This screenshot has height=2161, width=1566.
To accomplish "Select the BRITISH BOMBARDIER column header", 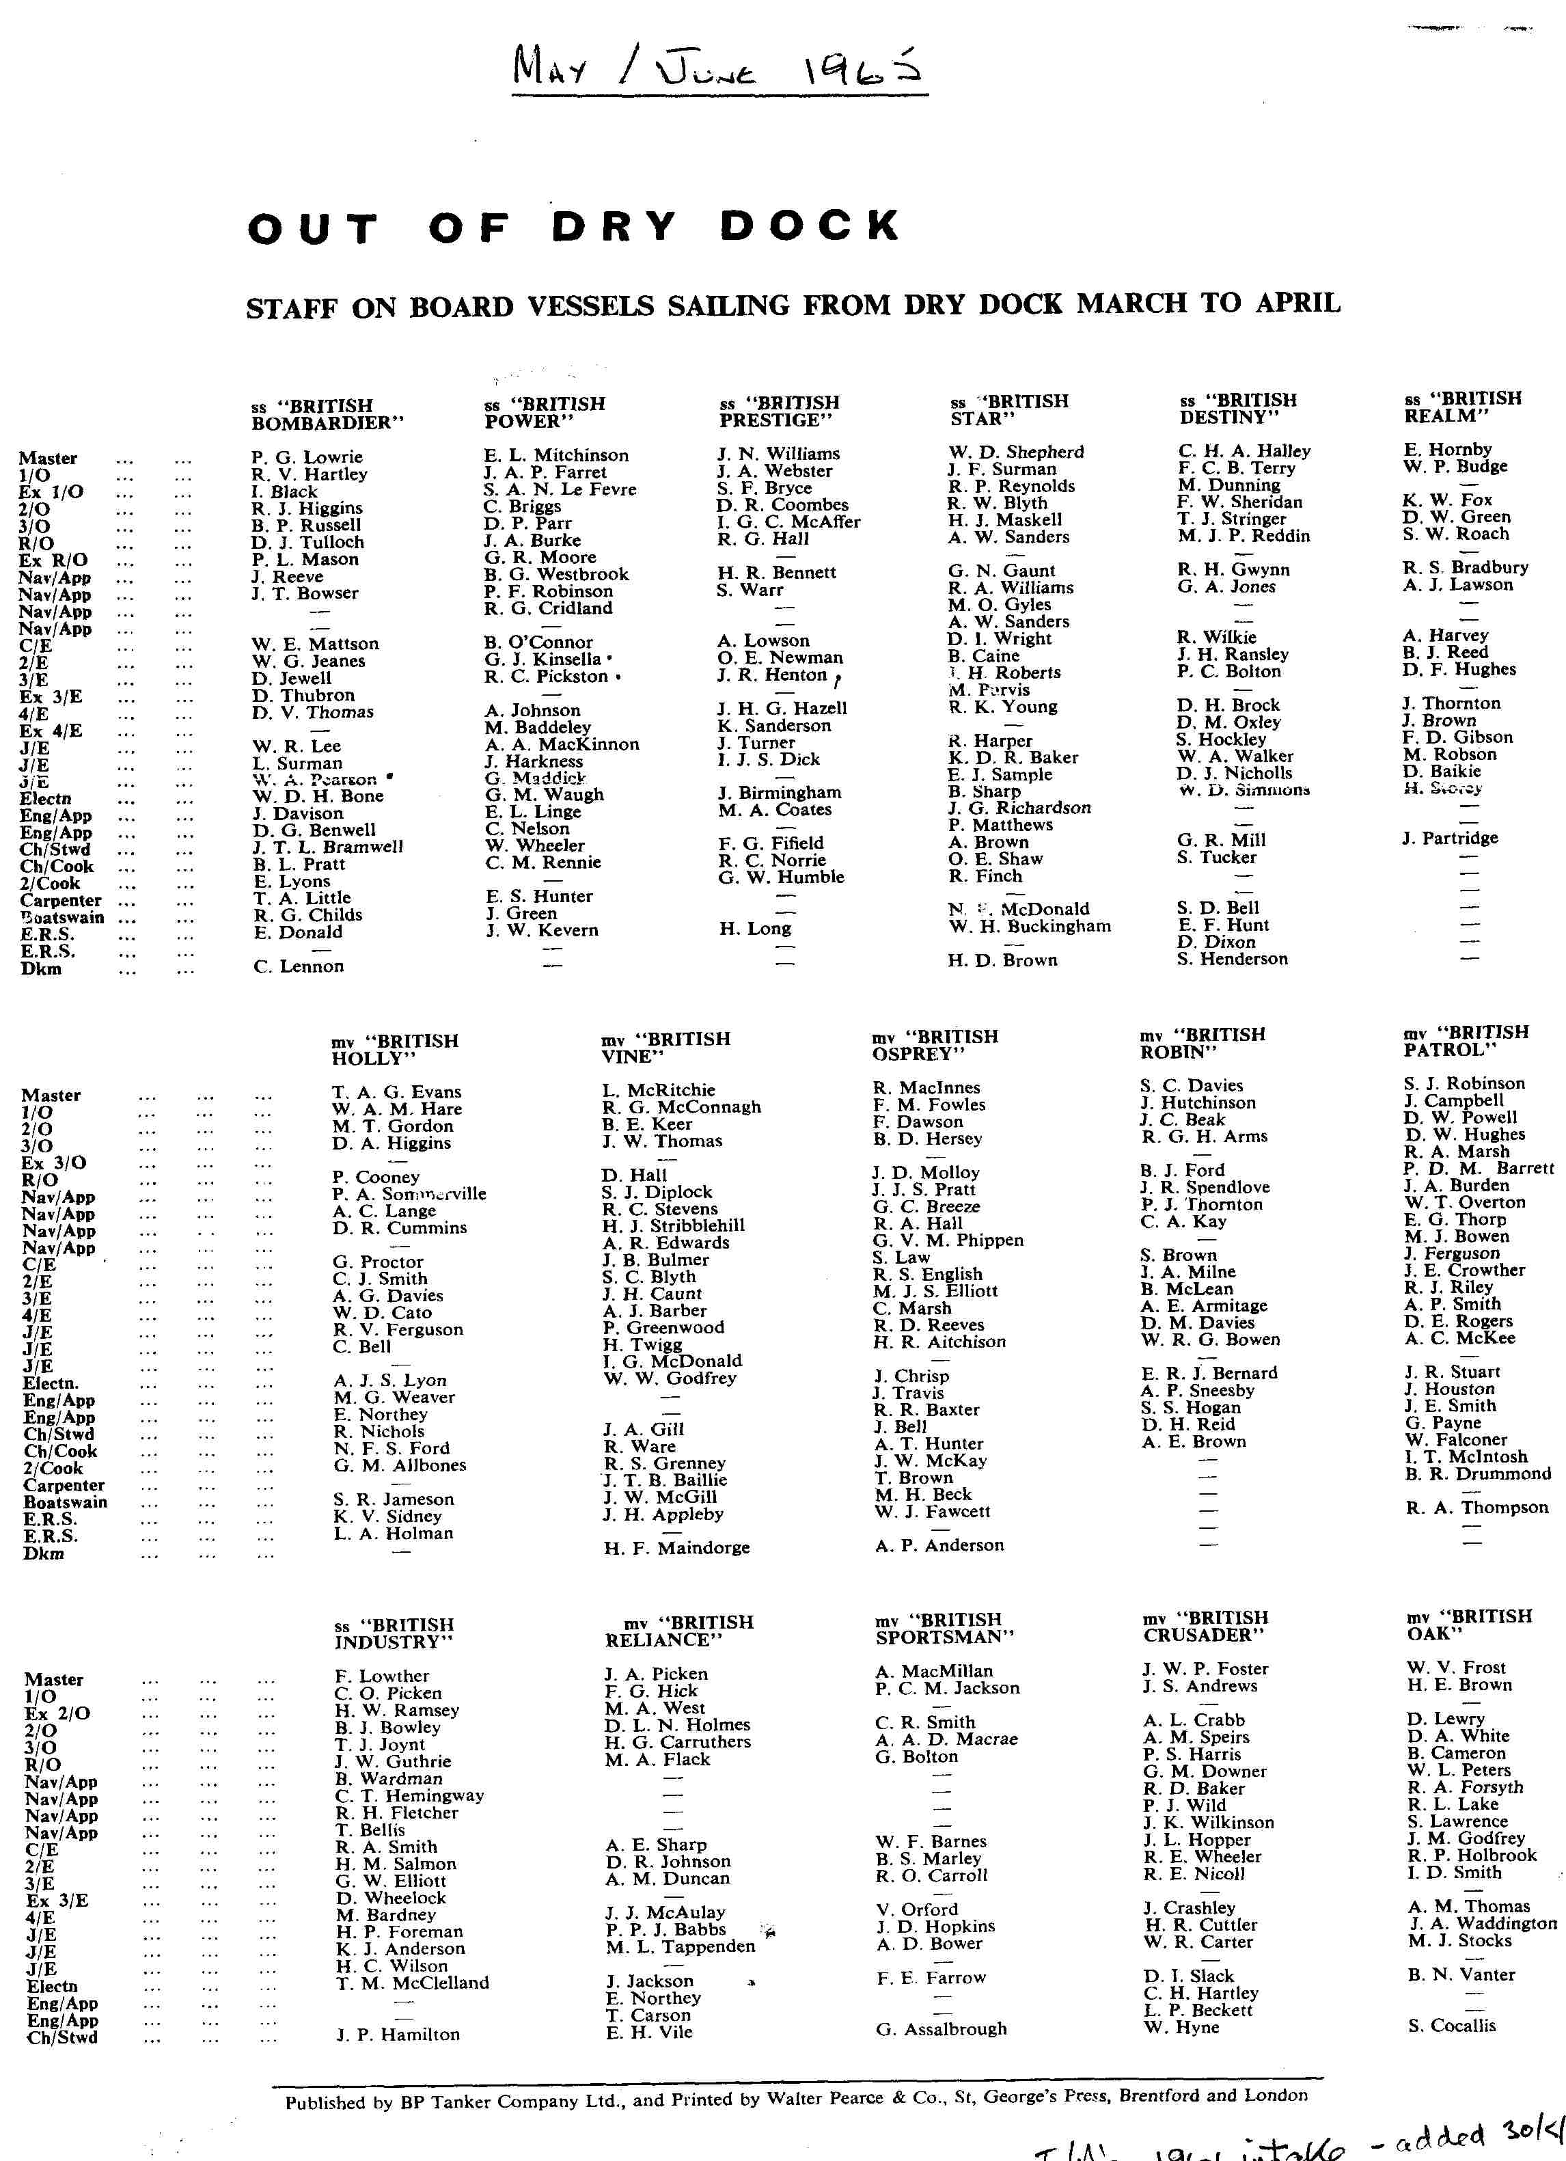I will point(327,414).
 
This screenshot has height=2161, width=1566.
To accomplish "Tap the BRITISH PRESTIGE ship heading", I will point(779,411).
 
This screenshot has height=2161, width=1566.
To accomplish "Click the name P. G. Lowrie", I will point(307,457).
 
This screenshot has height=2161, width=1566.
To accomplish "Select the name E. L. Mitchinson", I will point(555,455).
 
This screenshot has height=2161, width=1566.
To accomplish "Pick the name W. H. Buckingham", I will point(1029,926).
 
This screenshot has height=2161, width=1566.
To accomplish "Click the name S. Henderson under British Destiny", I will point(1232,959).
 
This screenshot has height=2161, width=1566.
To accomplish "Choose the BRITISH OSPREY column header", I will point(935,1045).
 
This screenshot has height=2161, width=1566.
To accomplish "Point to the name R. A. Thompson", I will point(1476,1508).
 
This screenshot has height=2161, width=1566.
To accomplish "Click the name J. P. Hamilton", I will point(397,2035).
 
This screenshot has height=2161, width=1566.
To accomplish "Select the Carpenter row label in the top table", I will point(61,901).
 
